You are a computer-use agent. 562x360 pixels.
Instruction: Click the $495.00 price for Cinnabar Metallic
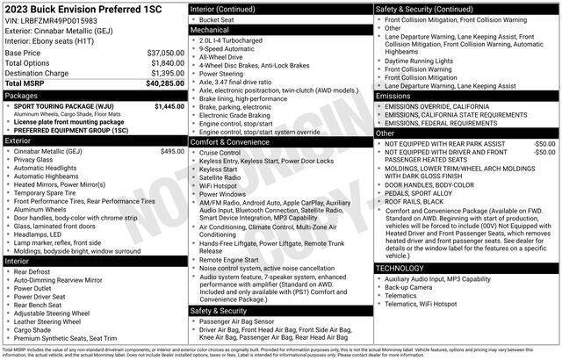(172, 151)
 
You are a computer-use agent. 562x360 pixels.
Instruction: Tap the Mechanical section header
(210, 29)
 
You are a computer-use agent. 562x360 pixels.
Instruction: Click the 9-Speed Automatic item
(231, 50)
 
